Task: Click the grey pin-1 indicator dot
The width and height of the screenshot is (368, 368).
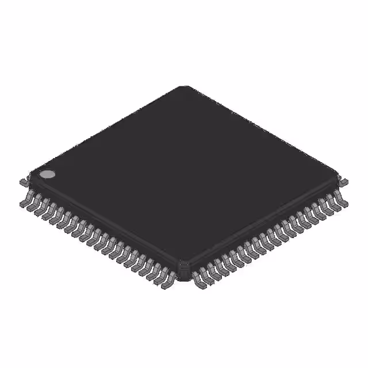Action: (47, 174)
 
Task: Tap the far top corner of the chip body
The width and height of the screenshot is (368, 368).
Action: (185, 87)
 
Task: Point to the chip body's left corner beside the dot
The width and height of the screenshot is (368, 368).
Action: (32, 176)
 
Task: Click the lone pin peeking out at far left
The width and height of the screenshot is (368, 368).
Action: (23, 182)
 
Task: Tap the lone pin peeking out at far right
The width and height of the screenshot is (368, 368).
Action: (344, 182)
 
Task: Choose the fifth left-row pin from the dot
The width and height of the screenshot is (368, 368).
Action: (55, 218)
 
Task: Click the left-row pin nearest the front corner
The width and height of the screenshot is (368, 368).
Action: (168, 281)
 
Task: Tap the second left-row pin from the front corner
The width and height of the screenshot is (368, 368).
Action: (162, 277)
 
